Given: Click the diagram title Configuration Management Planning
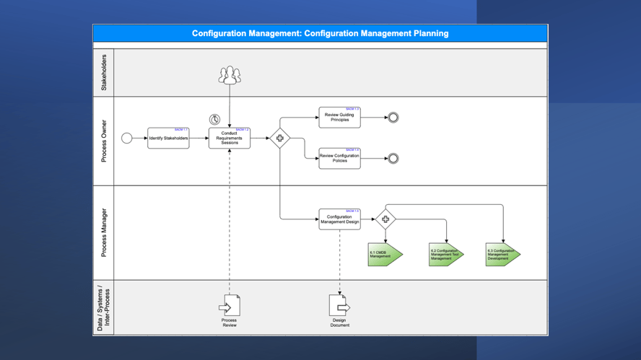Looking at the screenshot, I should tap(320, 33).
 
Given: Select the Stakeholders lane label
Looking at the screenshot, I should tap(103, 72).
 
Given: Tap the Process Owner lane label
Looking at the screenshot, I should tap(103, 141).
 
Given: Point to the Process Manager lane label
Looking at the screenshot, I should tap(103, 232).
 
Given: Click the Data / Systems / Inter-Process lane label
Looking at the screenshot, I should tap(103, 308).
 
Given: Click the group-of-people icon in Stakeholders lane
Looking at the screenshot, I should tap(230, 75).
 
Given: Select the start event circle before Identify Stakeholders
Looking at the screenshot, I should tap(127, 138).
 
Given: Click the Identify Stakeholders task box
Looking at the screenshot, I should tap(168, 138).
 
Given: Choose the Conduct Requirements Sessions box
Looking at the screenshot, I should tap(230, 138).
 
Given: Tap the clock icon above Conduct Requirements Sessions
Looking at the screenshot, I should tap(214, 120).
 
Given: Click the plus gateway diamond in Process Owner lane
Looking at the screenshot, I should tap(280, 138).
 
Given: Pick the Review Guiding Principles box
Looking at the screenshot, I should tap(339, 117).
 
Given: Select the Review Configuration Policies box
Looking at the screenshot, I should tap(339, 158).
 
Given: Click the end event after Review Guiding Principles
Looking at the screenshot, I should tap(393, 118).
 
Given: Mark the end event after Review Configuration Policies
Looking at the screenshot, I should tap(393, 159).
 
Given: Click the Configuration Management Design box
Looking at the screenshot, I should tap(339, 219).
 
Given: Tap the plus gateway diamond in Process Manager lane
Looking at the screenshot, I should tap(385, 219).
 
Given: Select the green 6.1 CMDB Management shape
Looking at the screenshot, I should tap(384, 255).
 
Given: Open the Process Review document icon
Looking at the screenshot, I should tap(230, 306).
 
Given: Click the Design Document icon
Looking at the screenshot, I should tap(339, 306).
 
